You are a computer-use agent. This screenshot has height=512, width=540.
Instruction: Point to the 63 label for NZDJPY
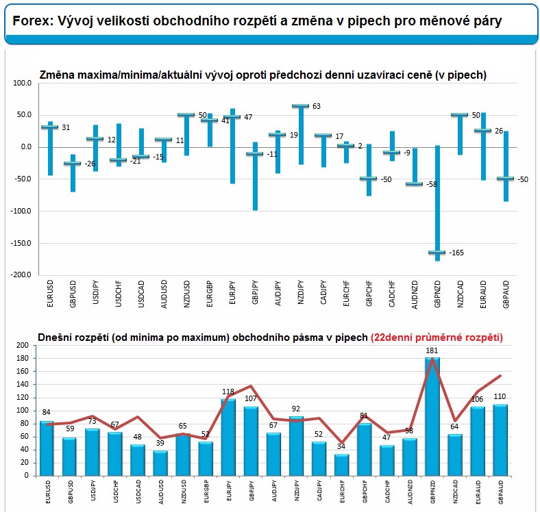(317, 107)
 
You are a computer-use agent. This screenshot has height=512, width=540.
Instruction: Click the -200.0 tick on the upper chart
(21, 274)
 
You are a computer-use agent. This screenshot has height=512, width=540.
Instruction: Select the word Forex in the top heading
(30, 21)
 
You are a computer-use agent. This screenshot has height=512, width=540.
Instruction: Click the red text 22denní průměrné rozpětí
(437, 337)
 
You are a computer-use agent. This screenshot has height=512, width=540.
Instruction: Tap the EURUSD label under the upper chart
(50, 293)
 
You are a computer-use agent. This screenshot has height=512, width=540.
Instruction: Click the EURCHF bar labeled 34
(341, 464)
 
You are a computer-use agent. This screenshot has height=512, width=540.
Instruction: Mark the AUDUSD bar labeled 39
(161, 463)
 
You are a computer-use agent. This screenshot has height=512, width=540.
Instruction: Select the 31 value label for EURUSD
(66, 127)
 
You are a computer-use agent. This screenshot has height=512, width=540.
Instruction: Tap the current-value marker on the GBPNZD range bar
(437, 253)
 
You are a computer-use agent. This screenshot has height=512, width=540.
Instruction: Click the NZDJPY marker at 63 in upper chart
(301, 106)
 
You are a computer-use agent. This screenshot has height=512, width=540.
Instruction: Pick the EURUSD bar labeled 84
(47, 448)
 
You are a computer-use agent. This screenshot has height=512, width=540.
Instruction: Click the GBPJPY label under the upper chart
(256, 293)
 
